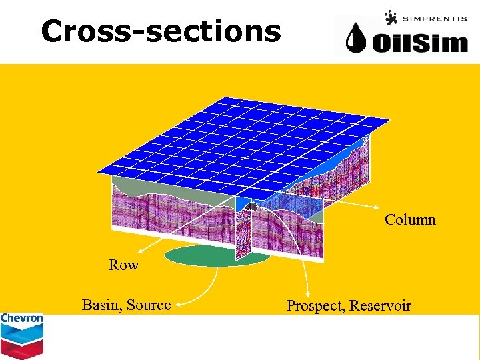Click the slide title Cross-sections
(161, 31)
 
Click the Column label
(410, 219)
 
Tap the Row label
(123, 265)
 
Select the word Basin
(102, 305)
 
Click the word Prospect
(315, 306)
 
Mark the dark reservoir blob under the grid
(252, 207)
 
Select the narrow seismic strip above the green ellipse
(243, 233)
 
